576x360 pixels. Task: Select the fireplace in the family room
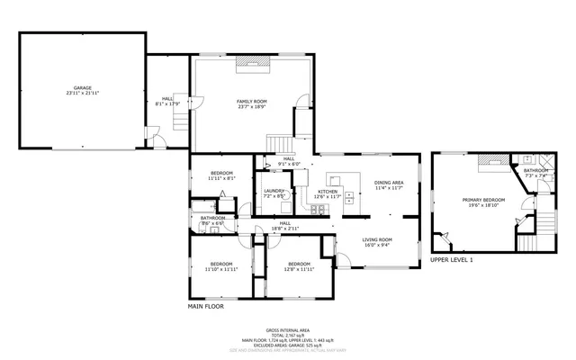point(252,62)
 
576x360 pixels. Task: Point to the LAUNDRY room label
point(274,192)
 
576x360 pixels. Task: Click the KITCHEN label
point(328,192)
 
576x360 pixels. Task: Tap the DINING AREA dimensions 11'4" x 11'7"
point(389,188)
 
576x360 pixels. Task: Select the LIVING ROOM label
point(377,239)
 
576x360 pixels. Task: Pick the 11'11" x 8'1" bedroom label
point(221,175)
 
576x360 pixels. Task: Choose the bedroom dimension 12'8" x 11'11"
point(299,269)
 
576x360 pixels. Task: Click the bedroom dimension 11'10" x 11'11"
point(219,269)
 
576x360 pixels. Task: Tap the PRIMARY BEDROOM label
point(483,200)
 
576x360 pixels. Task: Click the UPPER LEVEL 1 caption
point(451,259)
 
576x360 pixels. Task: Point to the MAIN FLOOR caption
point(205,306)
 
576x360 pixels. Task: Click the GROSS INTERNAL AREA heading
point(288,330)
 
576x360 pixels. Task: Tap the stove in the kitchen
point(318,211)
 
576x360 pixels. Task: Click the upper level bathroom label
point(536,170)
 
